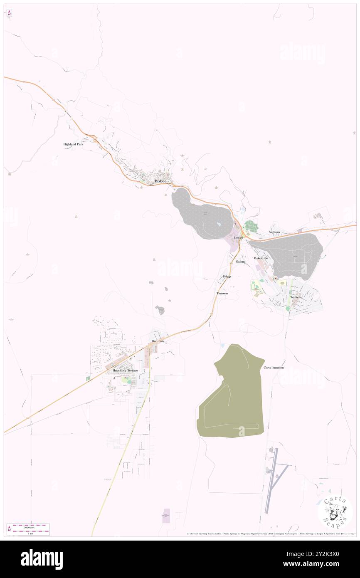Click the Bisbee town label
tap(160, 181)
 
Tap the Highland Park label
tap(73, 144)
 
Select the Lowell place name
tap(239, 237)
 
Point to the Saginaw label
tap(274, 232)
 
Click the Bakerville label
tap(261, 258)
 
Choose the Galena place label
tap(240, 262)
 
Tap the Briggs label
tap(227, 277)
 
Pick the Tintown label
tap(222, 293)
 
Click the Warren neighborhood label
tap(295, 297)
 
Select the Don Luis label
tap(158, 341)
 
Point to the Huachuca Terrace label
tap(123, 370)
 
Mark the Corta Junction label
tap(274, 368)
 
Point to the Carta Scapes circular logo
tap(335, 512)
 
